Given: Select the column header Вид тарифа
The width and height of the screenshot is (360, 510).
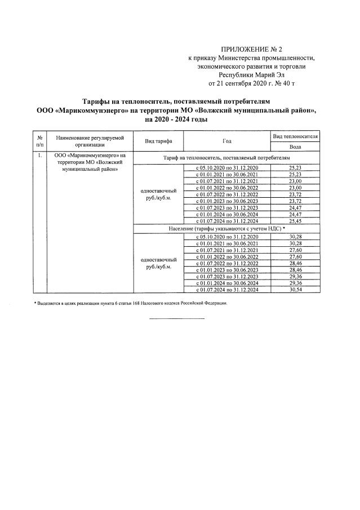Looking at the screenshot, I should pyautogui.click(x=158, y=141).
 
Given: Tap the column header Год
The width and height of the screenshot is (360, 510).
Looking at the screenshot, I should pyautogui.click(x=226, y=141).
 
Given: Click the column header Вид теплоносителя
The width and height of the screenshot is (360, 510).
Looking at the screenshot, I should pyautogui.click(x=295, y=136).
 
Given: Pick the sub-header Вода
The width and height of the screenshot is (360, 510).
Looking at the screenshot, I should pyautogui.click(x=295, y=146).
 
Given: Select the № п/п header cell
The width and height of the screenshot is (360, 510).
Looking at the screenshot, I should pyautogui.click(x=40, y=141).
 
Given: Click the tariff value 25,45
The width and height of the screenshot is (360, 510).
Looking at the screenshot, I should pyautogui.click(x=295, y=221).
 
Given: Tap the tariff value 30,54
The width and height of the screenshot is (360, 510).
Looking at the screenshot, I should pyautogui.click(x=295, y=290).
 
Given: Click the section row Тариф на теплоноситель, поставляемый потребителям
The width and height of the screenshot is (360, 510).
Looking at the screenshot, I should pyautogui.click(x=225, y=159).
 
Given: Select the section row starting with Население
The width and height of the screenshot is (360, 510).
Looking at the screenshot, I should pyautogui.click(x=225, y=228).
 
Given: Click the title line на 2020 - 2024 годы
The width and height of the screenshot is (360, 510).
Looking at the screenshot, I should pyautogui.click(x=176, y=119).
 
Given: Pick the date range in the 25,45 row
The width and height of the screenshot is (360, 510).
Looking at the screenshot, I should pyautogui.click(x=226, y=221).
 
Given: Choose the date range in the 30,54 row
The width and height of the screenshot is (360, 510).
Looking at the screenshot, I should pyautogui.click(x=226, y=290).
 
